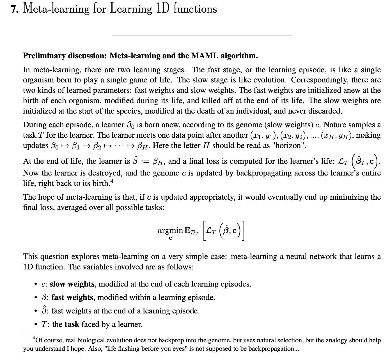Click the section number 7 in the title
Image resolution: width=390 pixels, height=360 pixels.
click(x=14, y=9)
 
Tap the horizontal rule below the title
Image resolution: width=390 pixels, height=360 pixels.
click(x=202, y=35)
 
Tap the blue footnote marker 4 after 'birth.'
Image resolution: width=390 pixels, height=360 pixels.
click(x=112, y=181)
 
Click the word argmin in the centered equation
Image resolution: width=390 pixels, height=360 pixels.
click(x=170, y=230)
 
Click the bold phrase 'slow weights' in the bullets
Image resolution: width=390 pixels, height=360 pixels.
click(x=72, y=284)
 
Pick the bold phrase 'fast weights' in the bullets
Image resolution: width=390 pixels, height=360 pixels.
click(x=72, y=297)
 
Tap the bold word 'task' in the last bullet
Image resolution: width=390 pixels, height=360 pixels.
click(x=72, y=324)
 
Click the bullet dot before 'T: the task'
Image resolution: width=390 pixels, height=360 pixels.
click(x=35, y=325)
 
